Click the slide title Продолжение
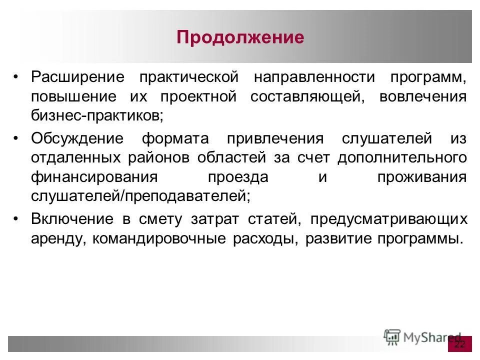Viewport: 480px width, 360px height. (240, 38)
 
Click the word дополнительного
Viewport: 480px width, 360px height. (402, 157)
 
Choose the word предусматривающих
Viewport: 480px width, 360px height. (388, 219)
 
